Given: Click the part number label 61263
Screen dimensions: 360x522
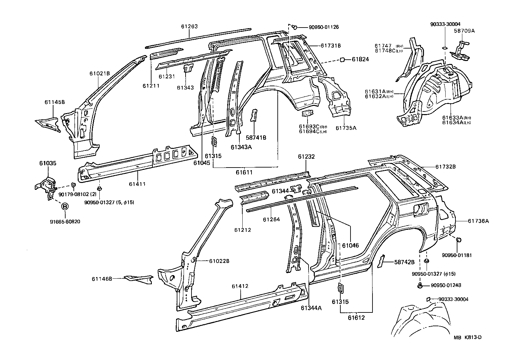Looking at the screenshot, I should coord(189,27).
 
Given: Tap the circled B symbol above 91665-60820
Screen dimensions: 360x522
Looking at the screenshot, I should coord(65,207).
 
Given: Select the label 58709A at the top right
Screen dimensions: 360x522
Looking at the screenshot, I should coord(464,31).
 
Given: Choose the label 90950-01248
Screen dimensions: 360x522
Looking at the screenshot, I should coord(446,285).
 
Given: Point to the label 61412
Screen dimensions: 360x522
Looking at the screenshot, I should coord(240,286).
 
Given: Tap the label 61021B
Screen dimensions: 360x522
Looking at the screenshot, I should coord(99,73).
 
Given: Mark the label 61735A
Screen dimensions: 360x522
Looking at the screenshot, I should coord(346,128).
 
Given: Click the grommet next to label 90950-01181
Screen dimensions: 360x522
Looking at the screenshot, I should coord(459,240).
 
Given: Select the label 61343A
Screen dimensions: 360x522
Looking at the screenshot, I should coord(241,147).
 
